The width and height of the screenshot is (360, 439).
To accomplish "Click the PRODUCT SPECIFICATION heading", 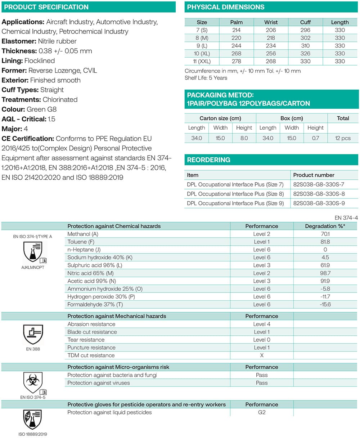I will pos(46,7).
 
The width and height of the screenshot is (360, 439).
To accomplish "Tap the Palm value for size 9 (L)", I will pos(236,46).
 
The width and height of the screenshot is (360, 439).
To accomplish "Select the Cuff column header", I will pos(305,22).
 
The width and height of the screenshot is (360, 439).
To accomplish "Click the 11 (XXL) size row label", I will pos(202,61).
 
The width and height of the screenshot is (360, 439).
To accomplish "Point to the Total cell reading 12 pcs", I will pos(343,138).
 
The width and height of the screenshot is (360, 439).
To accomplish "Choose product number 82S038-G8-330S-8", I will pos(319,194).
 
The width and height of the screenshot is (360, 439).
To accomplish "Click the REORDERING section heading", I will pos(208,160).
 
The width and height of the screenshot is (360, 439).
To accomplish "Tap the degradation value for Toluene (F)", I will pos(325,242).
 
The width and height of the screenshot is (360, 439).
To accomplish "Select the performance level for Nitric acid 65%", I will pos(262,273).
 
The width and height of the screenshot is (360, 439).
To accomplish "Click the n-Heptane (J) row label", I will pos(84,250).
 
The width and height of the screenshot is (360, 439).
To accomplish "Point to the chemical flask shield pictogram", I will pos(33,252).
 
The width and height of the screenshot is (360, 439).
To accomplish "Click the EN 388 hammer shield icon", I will pos(33,335).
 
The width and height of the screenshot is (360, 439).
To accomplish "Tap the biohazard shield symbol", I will pos(33,383).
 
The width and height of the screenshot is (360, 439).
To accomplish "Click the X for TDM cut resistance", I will pos(262,355).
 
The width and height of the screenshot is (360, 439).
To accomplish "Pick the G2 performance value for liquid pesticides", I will pos(262,412).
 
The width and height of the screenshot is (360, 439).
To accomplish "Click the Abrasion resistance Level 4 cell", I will pos(262,324).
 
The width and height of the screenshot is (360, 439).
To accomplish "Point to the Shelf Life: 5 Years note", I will pos(206,78).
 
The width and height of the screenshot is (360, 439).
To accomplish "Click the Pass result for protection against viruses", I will pos(262,383).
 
